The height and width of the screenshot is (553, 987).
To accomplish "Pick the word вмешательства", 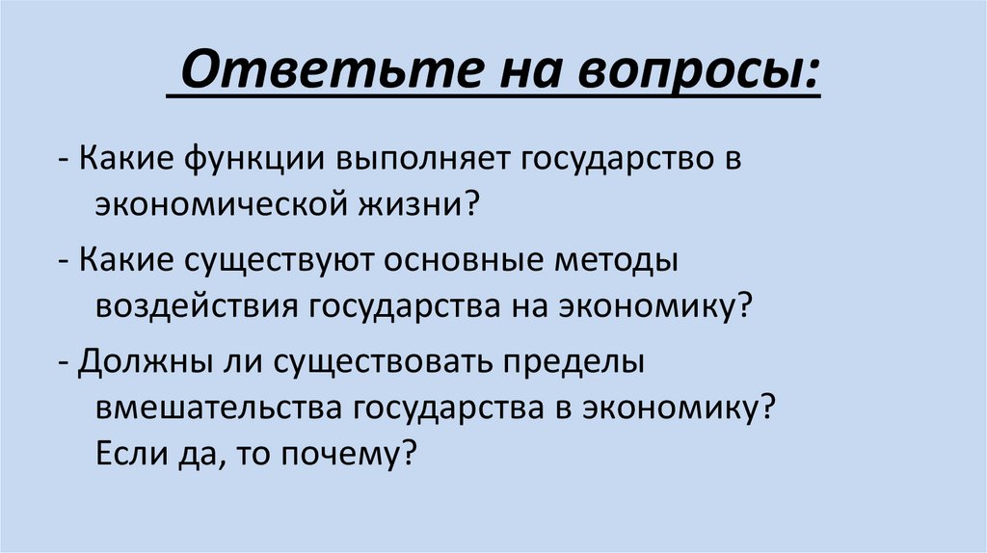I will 219,407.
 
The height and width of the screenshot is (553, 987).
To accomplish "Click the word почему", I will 352,452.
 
